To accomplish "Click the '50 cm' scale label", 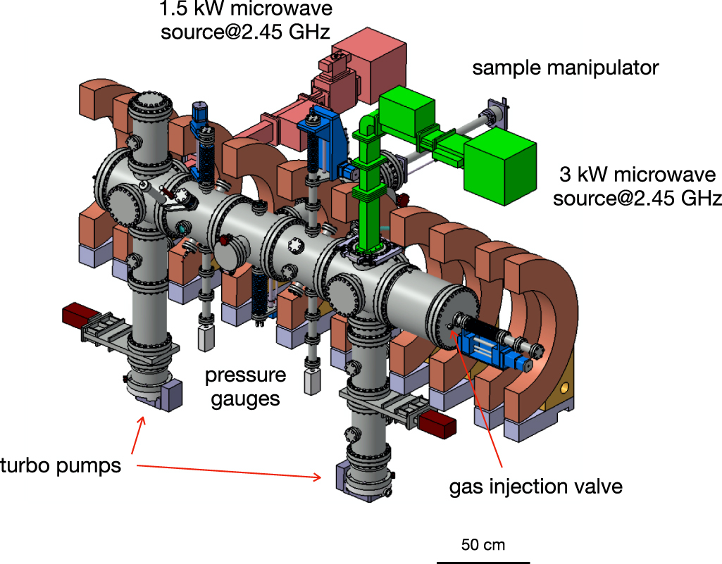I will pyautogui.click(x=483, y=544).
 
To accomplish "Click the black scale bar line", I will pyautogui.click(x=483, y=562).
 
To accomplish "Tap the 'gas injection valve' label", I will pyautogui.click(x=536, y=487).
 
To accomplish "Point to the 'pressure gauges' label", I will pyautogui.click(x=245, y=387).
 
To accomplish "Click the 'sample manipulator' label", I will pyautogui.click(x=565, y=68).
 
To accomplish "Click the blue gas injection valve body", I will pyautogui.click(x=486, y=349).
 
